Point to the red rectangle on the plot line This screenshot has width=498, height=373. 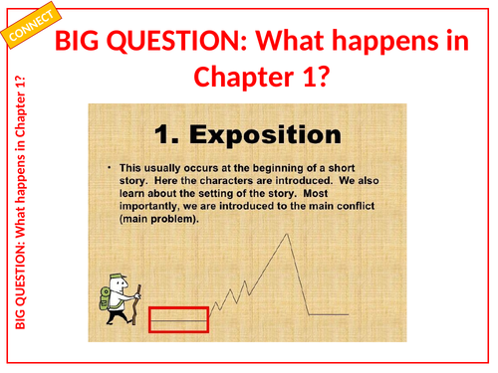[178, 319]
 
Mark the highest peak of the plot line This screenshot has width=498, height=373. [287, 233]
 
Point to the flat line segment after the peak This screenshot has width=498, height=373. [329, 314]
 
